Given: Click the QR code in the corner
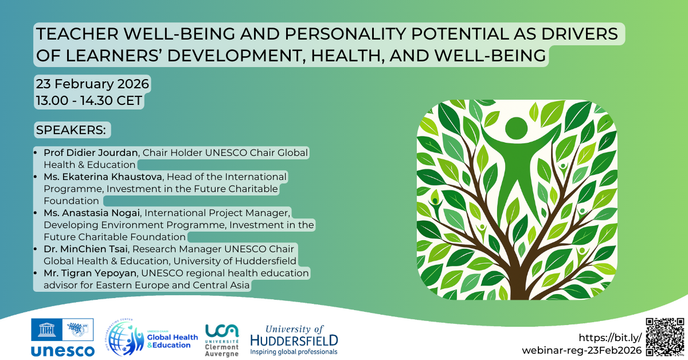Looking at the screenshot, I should [x=665, y=337].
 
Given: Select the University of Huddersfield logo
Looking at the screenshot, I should [x=294, y=340].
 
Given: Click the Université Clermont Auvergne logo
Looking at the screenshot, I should [x=222, y=339].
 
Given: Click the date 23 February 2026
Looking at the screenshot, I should [x=92, y=84].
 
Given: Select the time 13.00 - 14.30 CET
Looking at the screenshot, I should [x=89, y=101].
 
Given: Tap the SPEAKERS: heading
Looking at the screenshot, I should [x=71, y=130].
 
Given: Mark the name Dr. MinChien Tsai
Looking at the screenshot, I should [x=81, y=249].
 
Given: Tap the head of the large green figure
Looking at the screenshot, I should [x=516, y=127].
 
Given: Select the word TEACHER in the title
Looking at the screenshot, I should [x=70, y=34].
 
